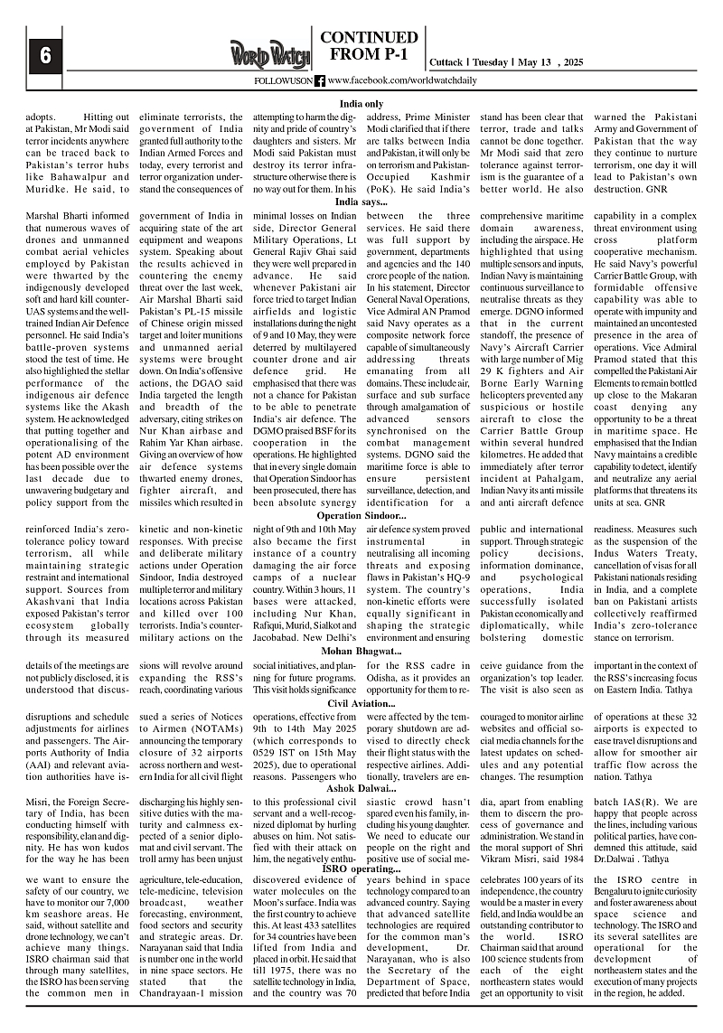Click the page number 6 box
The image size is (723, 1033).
point(42,55)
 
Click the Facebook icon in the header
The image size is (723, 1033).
point(320,82)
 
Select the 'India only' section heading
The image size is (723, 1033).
point(361,104)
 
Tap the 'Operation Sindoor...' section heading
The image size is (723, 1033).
point(361,515)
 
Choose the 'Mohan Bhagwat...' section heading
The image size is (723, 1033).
point(361,651)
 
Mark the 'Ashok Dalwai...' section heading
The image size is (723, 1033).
point(361,789)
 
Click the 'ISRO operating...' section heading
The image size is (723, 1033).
point(361,869)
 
